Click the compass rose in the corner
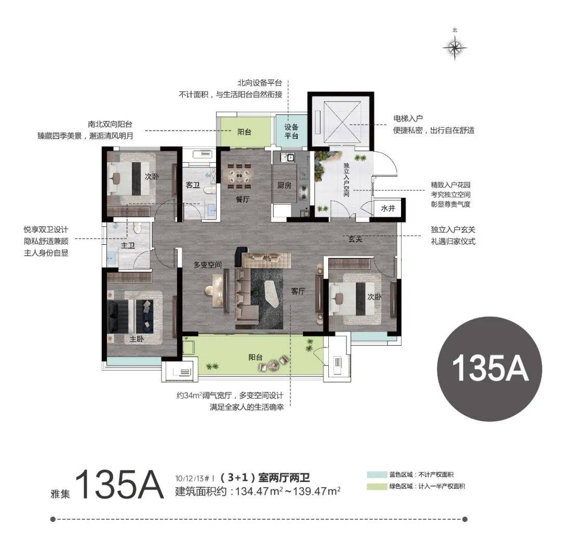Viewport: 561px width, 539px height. [x=455, y=47]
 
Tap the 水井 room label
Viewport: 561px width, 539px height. [x=388, y=208]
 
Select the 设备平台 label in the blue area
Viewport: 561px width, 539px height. [x=291, y=132]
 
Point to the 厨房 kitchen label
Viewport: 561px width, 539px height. [x=284, y=186]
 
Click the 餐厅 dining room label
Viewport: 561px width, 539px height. [x=243, y=200]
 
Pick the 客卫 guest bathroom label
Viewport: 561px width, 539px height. [x=193, y=185]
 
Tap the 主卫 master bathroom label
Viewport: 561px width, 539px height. [x=128, y=245]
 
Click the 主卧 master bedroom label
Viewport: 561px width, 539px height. [x=137, y=338]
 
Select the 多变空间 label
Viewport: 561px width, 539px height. [x=207, y=265]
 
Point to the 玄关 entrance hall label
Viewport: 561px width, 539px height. [x=355, y=239]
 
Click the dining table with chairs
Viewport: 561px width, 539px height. [x=239, y=176]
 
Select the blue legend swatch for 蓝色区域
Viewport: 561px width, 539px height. [x=377, y=475]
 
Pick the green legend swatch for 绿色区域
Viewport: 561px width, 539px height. [x=377, y=487]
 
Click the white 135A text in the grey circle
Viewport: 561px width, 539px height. [x=490, y=368]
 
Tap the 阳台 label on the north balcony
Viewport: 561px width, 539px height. [x=244, y=132]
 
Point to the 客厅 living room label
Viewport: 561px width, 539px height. [x=298, y=292]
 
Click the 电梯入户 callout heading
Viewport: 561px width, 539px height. [x=408, y=119]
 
